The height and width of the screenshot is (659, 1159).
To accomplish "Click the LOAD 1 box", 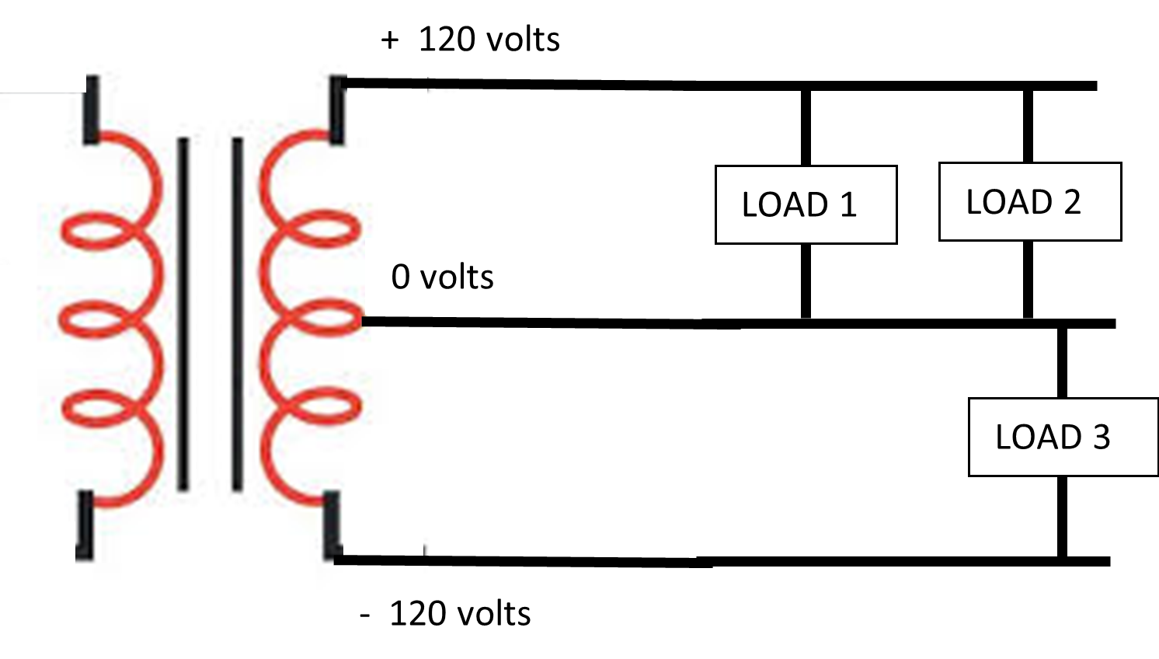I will [805, 205].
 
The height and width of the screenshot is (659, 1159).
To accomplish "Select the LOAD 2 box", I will [1029, 202].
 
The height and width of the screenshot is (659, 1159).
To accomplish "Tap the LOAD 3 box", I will [1063, 437].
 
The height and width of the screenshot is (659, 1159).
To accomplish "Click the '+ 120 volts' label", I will [471, 40].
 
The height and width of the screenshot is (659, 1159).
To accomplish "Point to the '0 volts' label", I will [442, 277].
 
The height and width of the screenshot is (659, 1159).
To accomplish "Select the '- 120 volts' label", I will [446, 614].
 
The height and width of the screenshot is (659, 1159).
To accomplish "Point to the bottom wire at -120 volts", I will [544, 560].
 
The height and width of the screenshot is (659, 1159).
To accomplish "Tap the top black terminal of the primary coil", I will [92, 110].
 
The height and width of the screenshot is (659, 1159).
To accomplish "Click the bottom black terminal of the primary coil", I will [85, 525].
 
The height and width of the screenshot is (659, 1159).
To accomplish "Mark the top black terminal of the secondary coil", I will [338, 110].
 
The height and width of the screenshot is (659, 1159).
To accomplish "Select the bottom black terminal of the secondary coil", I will [332, 525].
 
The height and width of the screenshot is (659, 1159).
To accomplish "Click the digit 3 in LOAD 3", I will [1102, 438].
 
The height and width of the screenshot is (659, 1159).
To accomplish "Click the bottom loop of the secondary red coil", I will [295, 459].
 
